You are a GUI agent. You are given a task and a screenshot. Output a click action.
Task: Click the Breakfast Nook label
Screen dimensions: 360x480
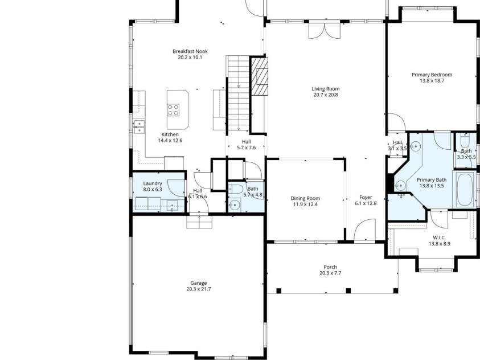coord(190,51)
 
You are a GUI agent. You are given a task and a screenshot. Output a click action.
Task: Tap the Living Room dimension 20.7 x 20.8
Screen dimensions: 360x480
coord(325,95)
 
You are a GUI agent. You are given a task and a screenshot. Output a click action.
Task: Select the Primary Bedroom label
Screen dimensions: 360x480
coord(432,75)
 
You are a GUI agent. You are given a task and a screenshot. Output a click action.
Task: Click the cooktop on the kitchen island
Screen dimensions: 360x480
coord(174,109)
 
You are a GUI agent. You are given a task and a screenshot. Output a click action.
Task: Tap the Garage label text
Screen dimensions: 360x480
coord(198,283)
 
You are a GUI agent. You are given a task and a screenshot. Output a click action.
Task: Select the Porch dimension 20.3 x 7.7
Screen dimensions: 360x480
coord(330,273)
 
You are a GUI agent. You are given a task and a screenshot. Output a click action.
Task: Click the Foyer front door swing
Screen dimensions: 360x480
coord(360,232)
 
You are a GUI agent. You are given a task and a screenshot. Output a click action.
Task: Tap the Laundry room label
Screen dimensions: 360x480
coord(153,183)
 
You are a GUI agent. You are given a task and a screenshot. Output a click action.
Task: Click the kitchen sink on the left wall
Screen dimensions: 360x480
coord(139,125)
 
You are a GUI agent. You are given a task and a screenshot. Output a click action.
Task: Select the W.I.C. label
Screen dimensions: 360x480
coord(439,238)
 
